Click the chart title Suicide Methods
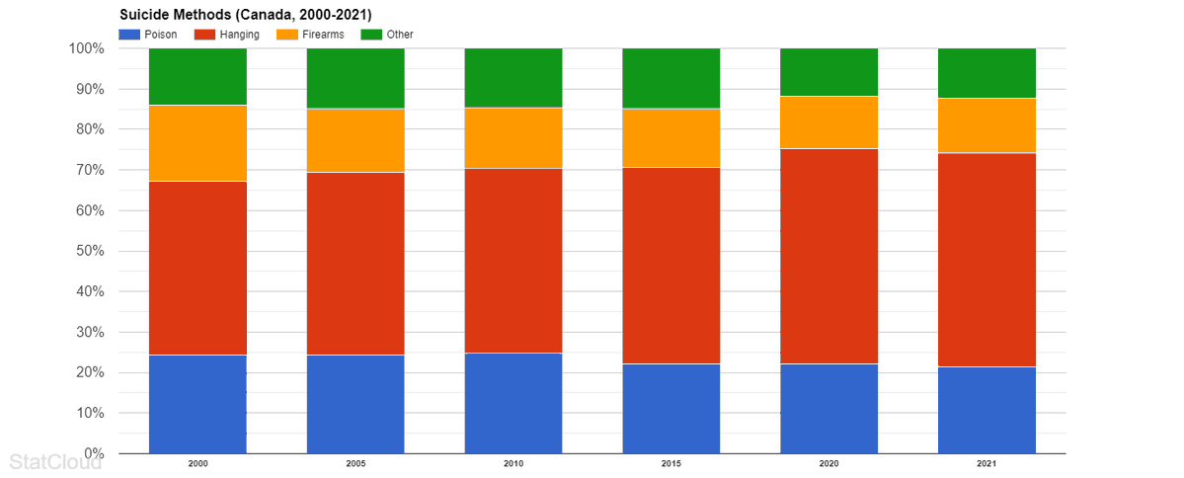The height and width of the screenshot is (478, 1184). click(245, 15)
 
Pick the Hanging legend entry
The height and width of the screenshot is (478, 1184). click(229, 35)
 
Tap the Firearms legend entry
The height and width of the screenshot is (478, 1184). click(314, 35)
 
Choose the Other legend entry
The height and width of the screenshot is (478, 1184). click(389, 35)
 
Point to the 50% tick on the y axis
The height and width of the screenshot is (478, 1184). click(87, 251)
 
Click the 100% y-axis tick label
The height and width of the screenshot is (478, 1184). click(85, 48)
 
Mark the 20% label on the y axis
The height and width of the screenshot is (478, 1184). click(87, 372)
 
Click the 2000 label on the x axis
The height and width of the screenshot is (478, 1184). click(197, 462)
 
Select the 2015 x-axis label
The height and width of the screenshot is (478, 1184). click(671, 462)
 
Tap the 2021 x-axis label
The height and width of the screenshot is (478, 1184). click(987, 462)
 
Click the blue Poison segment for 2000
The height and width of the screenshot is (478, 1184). click(197, 404)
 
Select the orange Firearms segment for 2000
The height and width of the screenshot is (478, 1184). click(197, 143)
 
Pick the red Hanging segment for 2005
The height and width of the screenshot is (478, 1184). click(355, 264)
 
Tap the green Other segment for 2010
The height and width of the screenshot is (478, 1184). click(513, 78)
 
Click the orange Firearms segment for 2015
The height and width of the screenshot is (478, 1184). click(671, 138)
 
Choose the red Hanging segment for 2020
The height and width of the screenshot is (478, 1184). click(829, 256)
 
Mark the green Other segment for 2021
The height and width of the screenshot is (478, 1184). click(987, 73)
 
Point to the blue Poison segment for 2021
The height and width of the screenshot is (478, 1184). click(987, 410)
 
